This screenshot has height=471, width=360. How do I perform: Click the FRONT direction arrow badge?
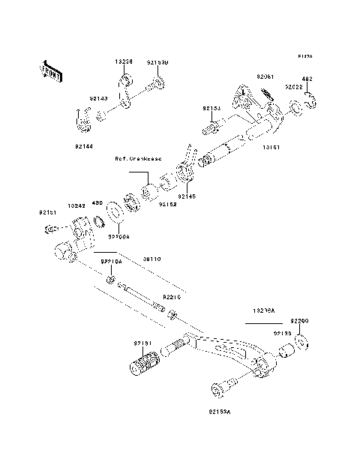50,70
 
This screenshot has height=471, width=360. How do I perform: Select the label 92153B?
157,63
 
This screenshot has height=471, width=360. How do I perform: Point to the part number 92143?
98,97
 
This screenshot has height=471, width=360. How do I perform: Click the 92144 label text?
84,146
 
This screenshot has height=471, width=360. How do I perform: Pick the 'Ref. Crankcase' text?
138,160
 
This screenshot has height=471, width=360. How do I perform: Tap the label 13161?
271,148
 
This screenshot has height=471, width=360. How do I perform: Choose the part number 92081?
266,76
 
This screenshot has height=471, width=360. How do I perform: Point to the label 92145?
186,197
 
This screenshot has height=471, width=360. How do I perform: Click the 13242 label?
76,203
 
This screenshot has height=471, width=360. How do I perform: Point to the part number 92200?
300,320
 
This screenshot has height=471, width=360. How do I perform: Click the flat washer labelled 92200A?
117,211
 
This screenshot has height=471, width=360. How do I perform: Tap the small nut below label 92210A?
109,280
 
